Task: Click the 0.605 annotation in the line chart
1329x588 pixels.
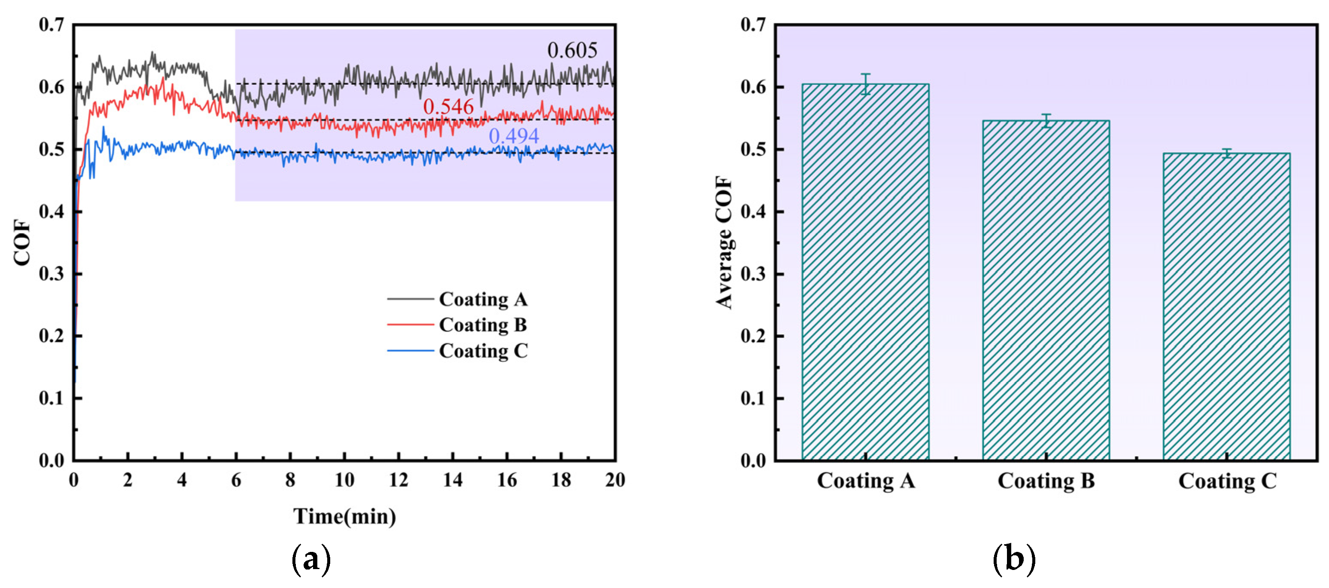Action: pos(572,51)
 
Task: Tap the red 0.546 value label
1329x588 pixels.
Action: pos(448,107)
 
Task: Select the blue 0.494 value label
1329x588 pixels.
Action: pos(514,136)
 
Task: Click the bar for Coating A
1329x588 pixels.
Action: pos(865,274)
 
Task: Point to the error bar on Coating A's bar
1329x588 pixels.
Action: pos(865,84)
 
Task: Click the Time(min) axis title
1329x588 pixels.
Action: pos(345,516)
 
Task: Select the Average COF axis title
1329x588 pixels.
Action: pos(724,242)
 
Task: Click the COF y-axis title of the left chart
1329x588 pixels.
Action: pos(22,242)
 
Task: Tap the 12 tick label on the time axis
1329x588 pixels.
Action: pos(398,481)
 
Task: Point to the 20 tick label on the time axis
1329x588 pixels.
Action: pos(614,481)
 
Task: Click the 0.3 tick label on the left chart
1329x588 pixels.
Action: pos(52,274)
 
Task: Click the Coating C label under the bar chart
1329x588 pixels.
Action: pos(1227,481)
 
